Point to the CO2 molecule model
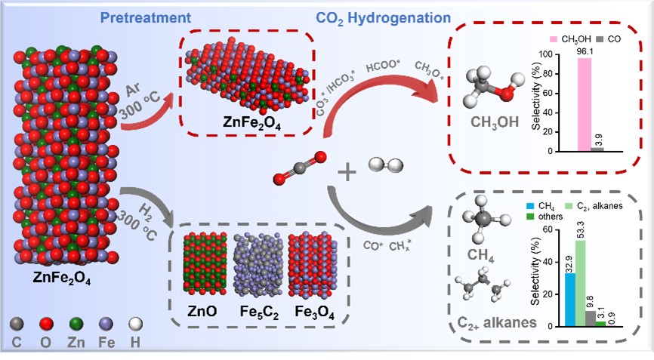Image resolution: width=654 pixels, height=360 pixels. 300,168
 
